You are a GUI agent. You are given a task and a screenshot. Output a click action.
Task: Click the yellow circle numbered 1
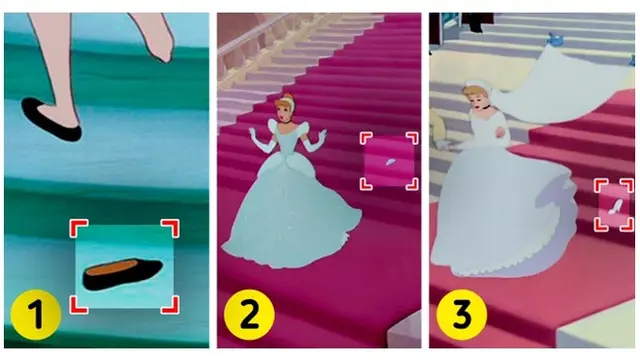(36, 315)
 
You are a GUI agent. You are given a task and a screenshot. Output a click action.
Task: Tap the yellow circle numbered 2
(249, 315)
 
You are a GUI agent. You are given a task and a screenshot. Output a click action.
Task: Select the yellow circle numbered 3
(462, 315)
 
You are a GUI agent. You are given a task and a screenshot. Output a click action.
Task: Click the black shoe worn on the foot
(50, 120)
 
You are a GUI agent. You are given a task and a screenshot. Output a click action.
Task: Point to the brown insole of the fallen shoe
(112, 268)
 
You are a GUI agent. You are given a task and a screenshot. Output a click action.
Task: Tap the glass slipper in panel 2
(390, 162)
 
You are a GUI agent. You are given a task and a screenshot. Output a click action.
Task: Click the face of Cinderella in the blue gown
(283, 110)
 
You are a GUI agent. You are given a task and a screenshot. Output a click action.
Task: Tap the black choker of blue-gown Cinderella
(287, 122)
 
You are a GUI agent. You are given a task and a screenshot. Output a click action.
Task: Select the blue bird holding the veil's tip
(554, 39)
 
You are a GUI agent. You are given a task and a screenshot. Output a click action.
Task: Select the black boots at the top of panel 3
(477, 22)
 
